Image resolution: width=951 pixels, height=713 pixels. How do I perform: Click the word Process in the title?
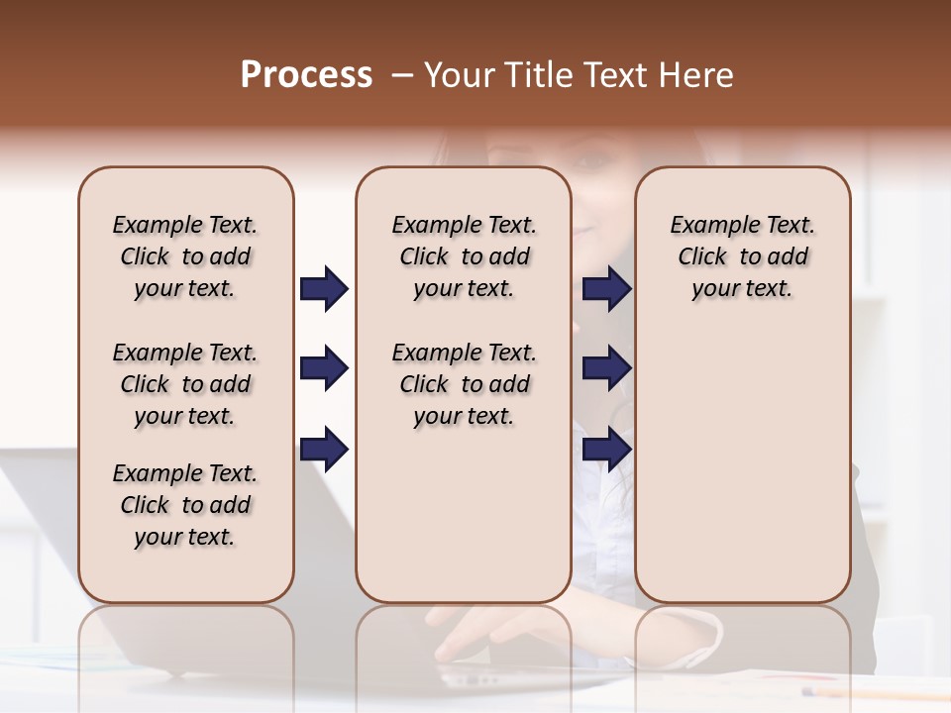[306, 75]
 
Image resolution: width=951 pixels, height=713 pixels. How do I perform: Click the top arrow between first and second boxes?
[324, 289]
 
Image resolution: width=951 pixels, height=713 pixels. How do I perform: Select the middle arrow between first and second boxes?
[324, 369]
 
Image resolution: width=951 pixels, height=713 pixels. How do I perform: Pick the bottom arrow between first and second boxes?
[324, 450]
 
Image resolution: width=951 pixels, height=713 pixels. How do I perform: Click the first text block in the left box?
[185, 256]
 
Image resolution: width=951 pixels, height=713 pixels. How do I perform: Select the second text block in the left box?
[185, 384]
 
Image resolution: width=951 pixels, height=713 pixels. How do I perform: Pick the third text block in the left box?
[185, 505]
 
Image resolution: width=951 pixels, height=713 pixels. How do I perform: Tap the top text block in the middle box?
[464, 256]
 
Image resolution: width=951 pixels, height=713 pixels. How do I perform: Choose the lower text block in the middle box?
[464, 384]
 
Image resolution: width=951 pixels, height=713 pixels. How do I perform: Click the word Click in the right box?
[702, 256]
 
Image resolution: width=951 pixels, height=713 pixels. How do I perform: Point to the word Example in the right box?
[707, 225]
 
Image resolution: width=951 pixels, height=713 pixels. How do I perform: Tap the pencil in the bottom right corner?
[872, 692]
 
